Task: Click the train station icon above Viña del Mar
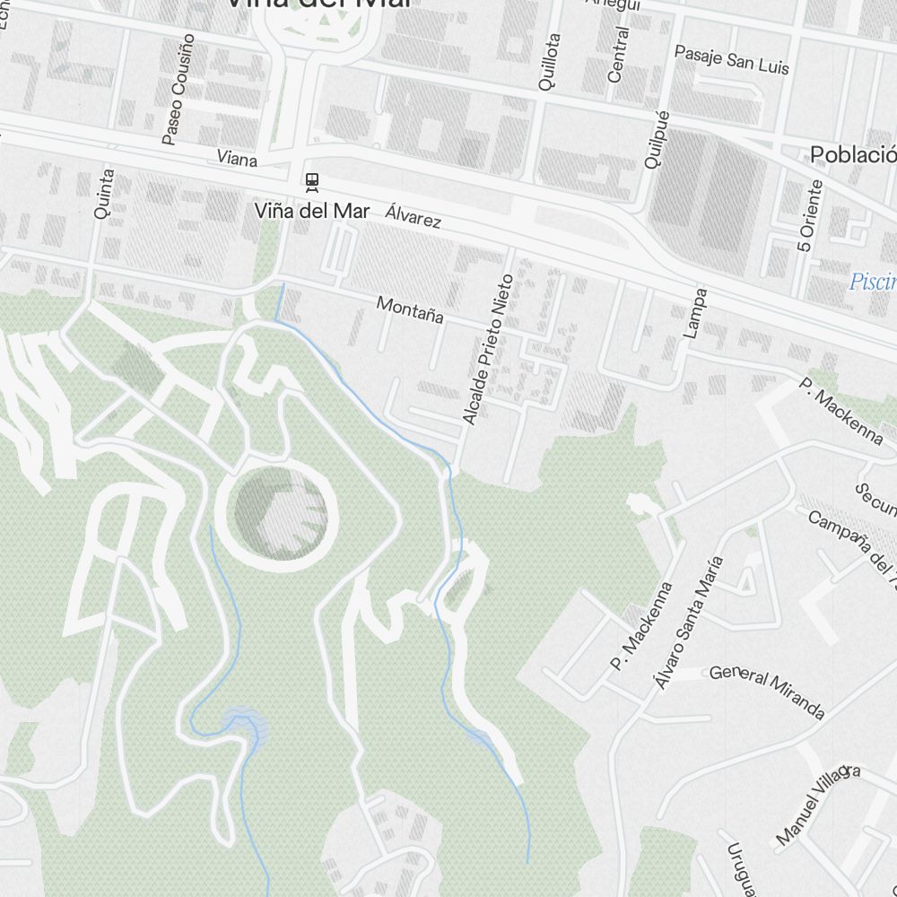click(x=311, y=182)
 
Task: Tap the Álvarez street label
click(x=414, y=216)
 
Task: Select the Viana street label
click(x=237, y=159)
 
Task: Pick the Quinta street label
click(x=104, y=194)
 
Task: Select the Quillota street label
click(x=548, y=62)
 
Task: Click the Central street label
click(x=617, y=55)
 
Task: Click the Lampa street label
click(x=695, y=312)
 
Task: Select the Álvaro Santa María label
click(x=688, y=623)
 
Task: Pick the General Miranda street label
click(x=767, y=692)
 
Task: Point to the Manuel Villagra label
click(x=817, y=805)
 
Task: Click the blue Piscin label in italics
click(x=873, y=283)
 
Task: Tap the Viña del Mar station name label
click(x=311, y=212)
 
